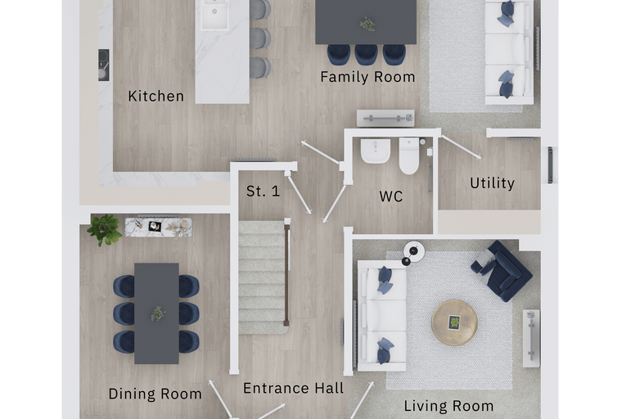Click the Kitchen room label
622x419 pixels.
tap(155, 96)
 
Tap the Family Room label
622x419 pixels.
tap(367, 77)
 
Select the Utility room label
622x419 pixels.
tap(493, 183)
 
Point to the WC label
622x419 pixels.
tap(390, 196)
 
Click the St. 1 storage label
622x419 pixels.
tap(263, 191)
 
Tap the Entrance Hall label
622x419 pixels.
tap(294, 388)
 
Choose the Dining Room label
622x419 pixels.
tap(155, 394)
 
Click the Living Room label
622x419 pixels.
tap(448, 406)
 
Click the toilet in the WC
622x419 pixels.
tap(409, 155)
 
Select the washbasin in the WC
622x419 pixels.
tap(376, 151)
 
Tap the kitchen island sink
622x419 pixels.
tap(214, 15)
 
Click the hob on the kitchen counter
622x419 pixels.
tap(104, 65)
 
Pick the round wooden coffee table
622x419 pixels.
tap(454, 322)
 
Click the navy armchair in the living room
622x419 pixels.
tap(502, 271)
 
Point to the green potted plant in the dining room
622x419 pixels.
tap(104, 229)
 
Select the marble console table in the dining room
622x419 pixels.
tap(159, 228)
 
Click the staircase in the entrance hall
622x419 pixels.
tap(263, 277)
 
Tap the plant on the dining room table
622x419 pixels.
tap(157, 313)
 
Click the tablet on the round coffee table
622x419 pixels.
tap(454, 322)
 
